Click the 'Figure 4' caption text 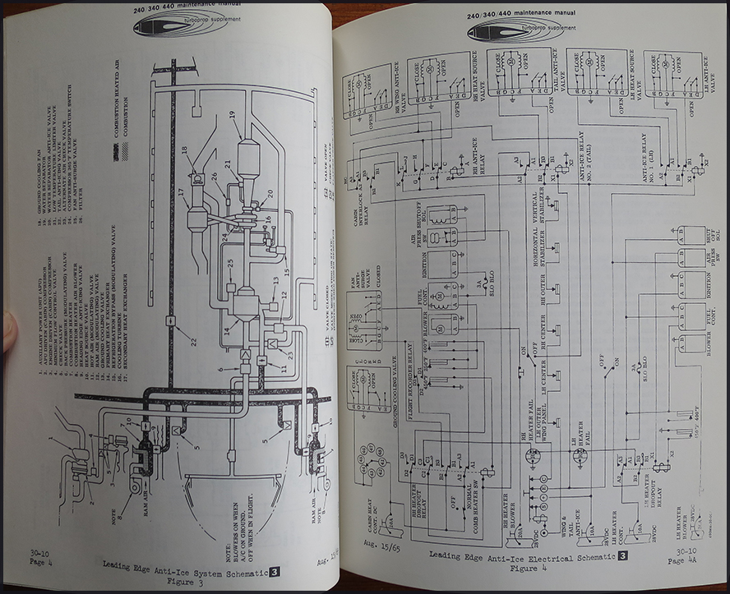point(524,568)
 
